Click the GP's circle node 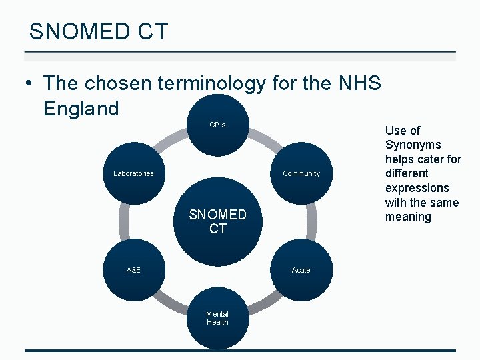217,125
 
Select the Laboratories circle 133,173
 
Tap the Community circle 301,173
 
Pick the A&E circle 133,270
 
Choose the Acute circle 301,270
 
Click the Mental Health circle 217,318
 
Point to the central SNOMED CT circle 217,221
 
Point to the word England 81,108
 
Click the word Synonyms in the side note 413,145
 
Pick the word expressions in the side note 417,188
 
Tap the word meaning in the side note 408,217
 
